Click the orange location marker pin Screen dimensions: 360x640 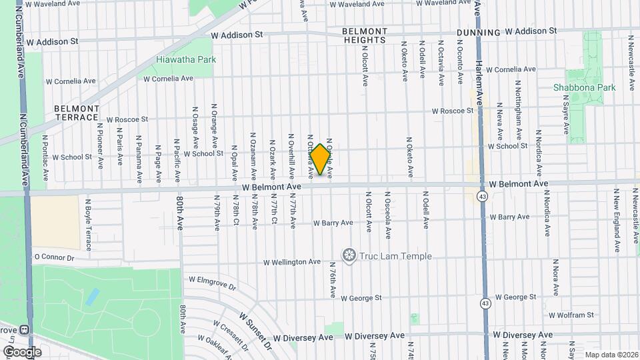[321, 159]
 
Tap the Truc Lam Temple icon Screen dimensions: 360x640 [348, 255]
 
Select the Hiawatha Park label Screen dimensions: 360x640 [186, 59]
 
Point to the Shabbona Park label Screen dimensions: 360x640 [584, 87]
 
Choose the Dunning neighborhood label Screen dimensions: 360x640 [479, 32]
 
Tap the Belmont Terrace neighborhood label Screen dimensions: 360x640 [77, 113]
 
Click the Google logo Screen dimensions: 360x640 [22, 351]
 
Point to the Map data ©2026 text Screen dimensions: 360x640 [611, 355]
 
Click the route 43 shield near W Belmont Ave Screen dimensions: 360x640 [483, 197]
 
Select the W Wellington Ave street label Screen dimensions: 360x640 [292, 262]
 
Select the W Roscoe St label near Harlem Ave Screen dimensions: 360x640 [452, 111]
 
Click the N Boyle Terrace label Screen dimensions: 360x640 [88, 227]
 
